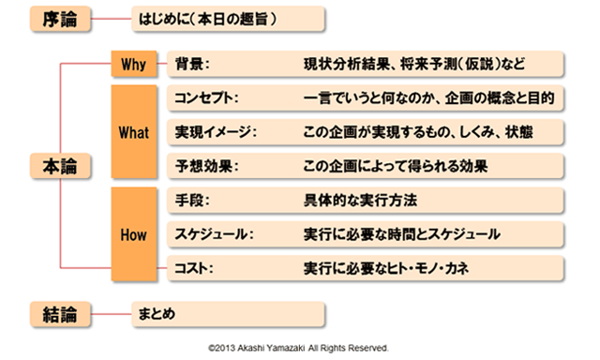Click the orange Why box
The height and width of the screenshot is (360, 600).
134,64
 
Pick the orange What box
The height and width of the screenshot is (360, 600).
134,132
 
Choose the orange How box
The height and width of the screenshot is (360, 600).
134,233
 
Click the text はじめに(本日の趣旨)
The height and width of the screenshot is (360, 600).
207,18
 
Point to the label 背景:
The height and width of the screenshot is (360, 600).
191,64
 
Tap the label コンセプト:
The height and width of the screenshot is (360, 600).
207,97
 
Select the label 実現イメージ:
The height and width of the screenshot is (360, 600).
215,132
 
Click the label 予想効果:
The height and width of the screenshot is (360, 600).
202,166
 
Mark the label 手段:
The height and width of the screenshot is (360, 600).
191,200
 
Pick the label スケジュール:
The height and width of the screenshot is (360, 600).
215,233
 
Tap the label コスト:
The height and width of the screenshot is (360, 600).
194,268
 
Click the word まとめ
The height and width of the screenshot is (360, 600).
156,312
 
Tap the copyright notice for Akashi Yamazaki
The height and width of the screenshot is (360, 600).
299,347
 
